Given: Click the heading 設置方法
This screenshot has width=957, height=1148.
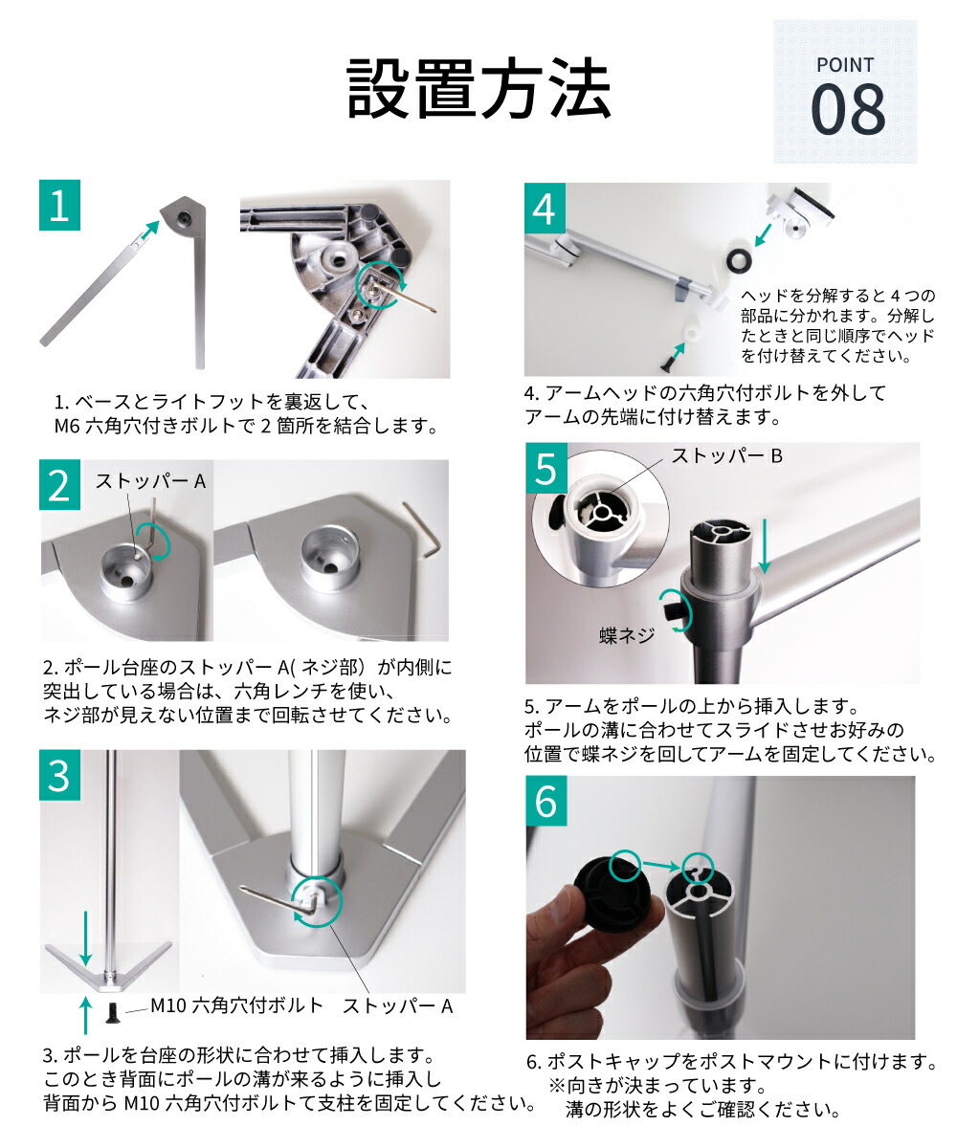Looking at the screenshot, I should tap(478, 89).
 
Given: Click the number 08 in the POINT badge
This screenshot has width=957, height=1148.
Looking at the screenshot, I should tap(848, 111).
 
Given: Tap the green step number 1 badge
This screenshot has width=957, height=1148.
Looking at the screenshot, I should tap(59, 206).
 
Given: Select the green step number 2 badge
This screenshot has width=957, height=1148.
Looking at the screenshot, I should tap(59, 485).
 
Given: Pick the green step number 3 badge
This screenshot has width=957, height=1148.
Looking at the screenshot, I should tap(59, 776).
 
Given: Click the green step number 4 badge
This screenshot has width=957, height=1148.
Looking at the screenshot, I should tap(545, 209).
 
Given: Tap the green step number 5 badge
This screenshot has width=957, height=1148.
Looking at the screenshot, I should tap(545, 470).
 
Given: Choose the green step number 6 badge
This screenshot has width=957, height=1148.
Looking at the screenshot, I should tap(545, 802).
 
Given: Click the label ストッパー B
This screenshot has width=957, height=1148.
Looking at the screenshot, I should tap(726, 456).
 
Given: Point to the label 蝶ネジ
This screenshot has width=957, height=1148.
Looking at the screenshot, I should tap(627, 634).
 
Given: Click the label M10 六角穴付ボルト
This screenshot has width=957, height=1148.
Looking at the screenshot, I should tap(238, 1005).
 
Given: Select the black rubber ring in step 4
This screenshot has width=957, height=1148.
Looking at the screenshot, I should tap(740, 259).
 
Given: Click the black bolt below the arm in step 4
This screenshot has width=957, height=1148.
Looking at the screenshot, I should tap(665, 361).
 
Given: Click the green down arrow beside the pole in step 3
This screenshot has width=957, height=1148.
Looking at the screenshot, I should tap(85, 938).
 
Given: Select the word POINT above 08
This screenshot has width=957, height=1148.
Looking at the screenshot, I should tap(845, 65).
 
